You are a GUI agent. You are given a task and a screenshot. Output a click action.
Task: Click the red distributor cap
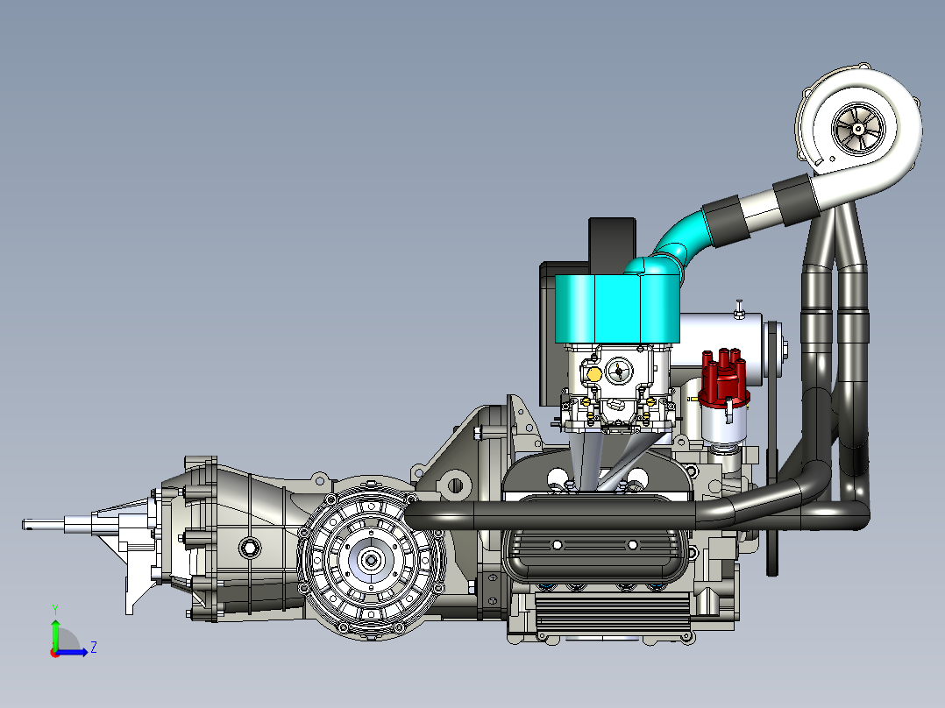click(724, 379)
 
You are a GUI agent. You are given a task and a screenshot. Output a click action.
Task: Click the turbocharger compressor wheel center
click(857, 128)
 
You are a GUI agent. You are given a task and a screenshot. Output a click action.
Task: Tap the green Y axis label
click(55, 610)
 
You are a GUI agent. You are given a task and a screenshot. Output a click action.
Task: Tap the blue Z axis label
click(94, 648)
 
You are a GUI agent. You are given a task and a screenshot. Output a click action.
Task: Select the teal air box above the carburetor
click(617, 308)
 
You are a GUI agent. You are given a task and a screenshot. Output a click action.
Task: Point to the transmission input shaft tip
click(25, 525)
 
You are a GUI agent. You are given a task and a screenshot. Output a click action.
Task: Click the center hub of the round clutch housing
click(370, 560)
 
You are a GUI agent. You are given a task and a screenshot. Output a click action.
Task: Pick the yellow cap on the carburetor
click(593, 374)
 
